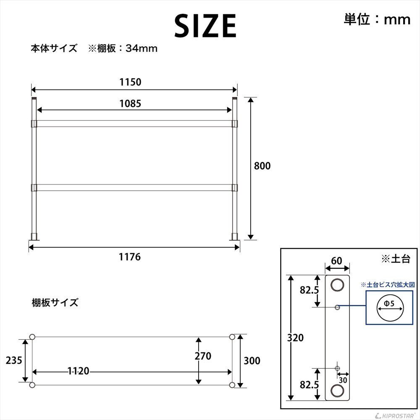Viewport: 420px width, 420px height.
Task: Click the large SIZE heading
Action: pyautogui.click(x=205, y=26)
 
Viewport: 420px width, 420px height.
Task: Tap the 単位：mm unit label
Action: pyautogui.click(x=377, y=19)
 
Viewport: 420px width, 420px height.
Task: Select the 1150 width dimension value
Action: pyautogui.click(x=130, y=82)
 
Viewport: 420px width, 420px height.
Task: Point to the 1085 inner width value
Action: pyautogui.click(x=130, y=103)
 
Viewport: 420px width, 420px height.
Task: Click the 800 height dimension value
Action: pyautogui.click(x=262, y=166)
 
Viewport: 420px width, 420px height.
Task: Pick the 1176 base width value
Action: pyautogui.click(x=130, y=257)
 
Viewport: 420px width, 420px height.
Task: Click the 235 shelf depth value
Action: pyautogui.click(x=14, y=360)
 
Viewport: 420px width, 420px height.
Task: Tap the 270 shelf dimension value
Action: pyautogui.click(x=203, y=356)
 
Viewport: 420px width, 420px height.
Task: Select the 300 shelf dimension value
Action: pyautogui.click(x=252, y=360)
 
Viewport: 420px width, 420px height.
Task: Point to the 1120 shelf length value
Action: pyautogui.click(x=78, y=371)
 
